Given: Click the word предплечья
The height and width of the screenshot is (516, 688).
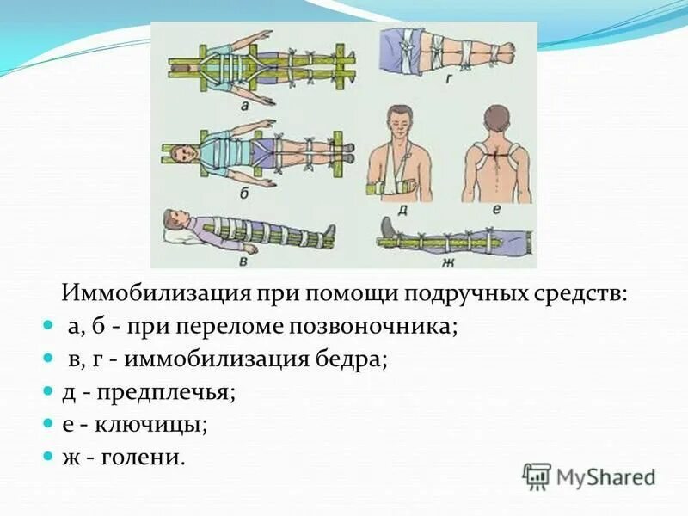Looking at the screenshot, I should click(x=165, y=392).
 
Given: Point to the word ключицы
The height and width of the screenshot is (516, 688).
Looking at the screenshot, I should click(x=162, y=424).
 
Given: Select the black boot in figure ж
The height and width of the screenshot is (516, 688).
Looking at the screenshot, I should click(x=388, y=229).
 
